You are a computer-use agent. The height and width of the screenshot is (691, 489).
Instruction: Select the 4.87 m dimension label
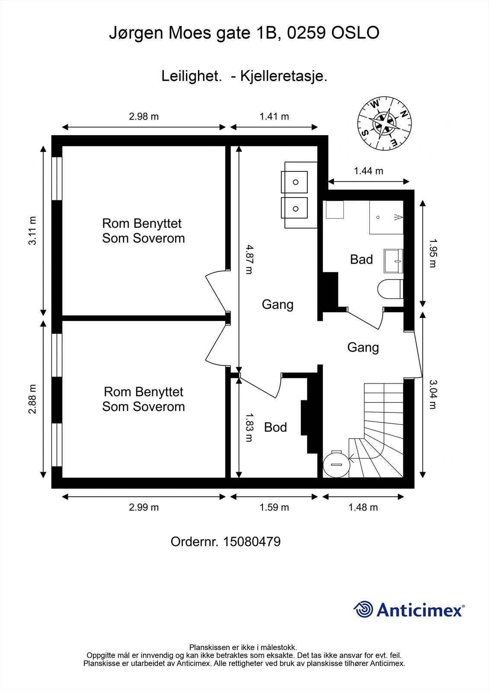click(249, 260)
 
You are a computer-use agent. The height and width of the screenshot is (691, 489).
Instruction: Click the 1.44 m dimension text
click(368, 171)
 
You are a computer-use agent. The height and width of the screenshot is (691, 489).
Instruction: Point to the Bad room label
click(361, 260)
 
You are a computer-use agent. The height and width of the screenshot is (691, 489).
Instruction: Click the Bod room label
click(275, 427)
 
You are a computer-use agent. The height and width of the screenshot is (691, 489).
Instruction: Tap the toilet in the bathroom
click(390, 289)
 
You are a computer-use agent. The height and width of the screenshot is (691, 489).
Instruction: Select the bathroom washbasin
click(393, 261)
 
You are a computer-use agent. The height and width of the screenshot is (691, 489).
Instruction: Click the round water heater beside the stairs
click(336, 464)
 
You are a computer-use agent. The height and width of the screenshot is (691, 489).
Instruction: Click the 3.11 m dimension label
click(32, 231)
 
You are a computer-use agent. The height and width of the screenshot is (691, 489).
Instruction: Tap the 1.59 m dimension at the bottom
click(274, 507)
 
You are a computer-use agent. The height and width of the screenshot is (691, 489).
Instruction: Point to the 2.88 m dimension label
click(32, 399)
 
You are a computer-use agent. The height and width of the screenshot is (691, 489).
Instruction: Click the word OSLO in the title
click(355, 33)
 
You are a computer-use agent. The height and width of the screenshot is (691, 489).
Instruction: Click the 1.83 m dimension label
click(249, 427)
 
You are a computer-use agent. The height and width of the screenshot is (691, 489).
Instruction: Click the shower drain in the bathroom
click(378, 218)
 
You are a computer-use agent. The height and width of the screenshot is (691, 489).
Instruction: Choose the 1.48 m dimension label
click(363, 507)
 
